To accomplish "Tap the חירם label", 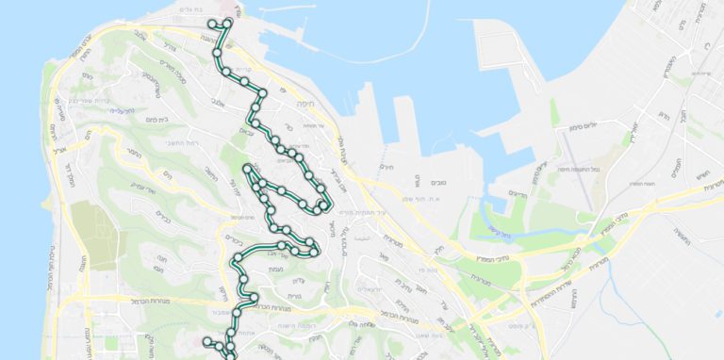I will [x=387, y=167].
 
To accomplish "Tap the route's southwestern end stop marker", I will [x=207, y=339].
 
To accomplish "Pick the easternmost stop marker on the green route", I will [x=324, y=205].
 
